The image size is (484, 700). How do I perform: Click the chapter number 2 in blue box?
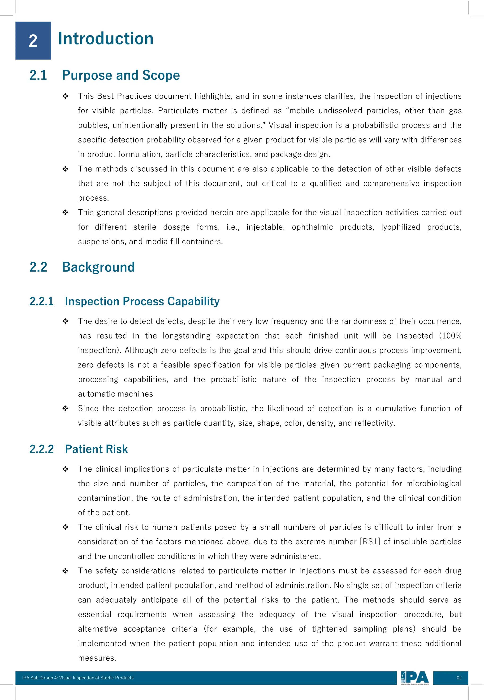click(x=33, y=41)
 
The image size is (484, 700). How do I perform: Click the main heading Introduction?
click(x=106, y=39)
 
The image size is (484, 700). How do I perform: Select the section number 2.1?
click(x=38, y=75)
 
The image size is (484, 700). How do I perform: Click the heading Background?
click(x=98, y=267)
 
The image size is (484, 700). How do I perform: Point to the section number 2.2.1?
click(x=42, y=301)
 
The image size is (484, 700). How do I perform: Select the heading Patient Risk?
click(x=96, y=449)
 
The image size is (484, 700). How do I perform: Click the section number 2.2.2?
click(x=42, y=449)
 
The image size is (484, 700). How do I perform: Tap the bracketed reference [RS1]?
click(x=370, y=542)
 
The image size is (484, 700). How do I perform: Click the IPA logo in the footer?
click(x=415, y=678)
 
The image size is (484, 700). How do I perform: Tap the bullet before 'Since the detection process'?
click(x=65, y=409)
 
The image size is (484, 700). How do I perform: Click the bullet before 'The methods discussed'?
click(x=65, y=169)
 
